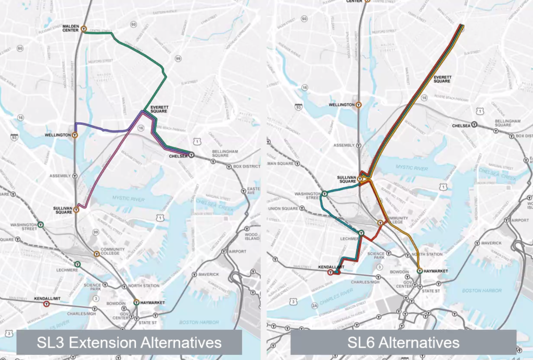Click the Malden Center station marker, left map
[83, 29]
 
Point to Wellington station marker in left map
[75, 135]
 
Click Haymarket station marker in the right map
[420, 271]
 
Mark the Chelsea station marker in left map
[192, 155]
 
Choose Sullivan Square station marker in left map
[76, 210]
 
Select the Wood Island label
[252, 238]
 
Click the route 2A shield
[314, 306]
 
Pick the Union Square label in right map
[282, 209]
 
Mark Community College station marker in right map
[380, 222]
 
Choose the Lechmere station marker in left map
[77, 264]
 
